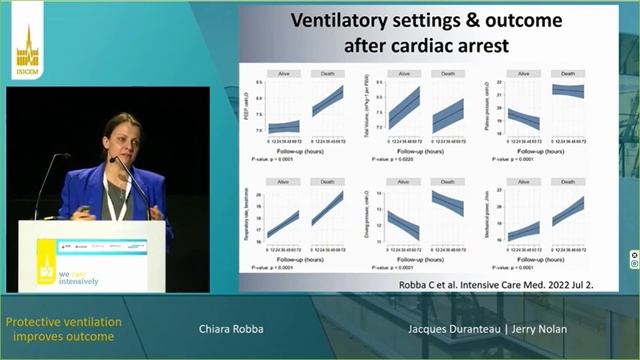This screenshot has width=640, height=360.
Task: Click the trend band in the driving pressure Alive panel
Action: point(404,225)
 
